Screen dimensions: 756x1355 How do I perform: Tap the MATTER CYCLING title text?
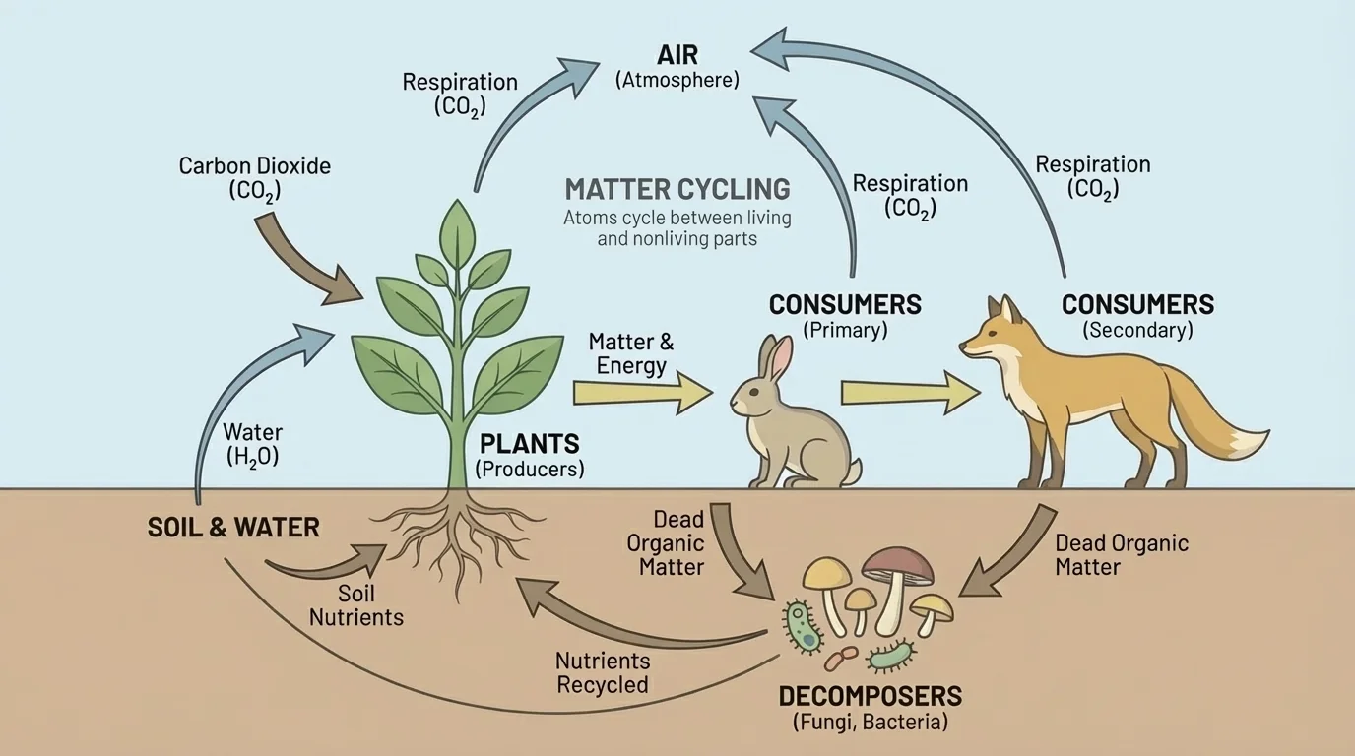[x=677, y=188]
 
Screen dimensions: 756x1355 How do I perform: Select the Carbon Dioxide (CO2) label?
[x=254, y=177]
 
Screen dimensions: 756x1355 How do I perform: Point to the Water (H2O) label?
[x=252, y=443]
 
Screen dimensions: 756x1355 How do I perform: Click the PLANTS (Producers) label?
[x=529, y=455]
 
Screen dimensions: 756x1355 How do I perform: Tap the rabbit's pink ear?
[x=780, y=358]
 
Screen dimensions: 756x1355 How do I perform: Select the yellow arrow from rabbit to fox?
[x=909, y=393]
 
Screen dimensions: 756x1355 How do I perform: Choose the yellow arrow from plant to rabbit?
[x=641, y=394]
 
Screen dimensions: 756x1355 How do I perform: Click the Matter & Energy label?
[x=630, y=354]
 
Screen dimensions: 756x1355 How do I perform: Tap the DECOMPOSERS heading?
[x=870, y=696]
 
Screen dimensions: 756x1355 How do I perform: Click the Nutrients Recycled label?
[x=602, y=672]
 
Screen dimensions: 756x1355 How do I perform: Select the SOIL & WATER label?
[x=233, y=527]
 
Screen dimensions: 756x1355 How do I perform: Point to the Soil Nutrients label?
[x=356, y=605]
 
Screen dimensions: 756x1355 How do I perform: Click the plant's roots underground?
[x=458, y=541]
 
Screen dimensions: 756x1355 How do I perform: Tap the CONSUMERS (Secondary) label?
[x=1137, y=316]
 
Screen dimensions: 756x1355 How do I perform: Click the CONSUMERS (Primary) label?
[x=845, y=316]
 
